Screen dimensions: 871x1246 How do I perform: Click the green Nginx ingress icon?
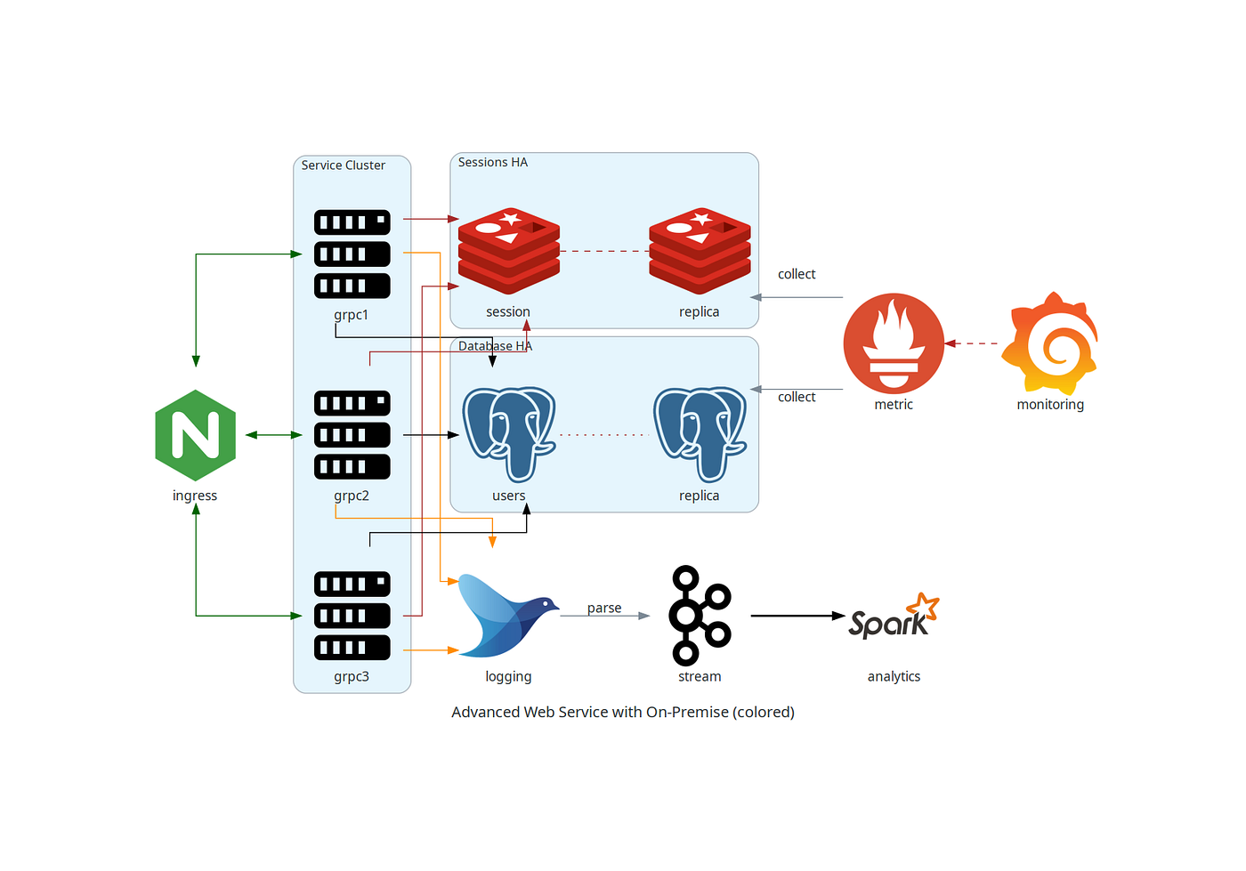(195, 435)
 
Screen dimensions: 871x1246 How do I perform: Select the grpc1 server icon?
(352, 254)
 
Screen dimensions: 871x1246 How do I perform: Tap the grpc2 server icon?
(352, 435)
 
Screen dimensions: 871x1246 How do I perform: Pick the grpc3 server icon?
(352, 616)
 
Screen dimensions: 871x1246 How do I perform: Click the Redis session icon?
(508, 252)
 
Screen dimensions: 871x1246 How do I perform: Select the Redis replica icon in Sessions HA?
(700, 252)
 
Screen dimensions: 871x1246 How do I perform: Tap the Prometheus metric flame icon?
(894, 343)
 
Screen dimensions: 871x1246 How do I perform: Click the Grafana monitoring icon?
(1050, 343)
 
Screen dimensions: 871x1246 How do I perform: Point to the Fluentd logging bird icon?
(507, 616)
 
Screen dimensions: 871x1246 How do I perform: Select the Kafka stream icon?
(700, 616)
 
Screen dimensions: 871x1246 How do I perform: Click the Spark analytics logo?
(894, 616)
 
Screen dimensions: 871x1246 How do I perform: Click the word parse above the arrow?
(604, 609)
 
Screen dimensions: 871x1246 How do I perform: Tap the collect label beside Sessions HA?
(797, 274)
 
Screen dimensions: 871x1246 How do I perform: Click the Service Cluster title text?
(344, 165)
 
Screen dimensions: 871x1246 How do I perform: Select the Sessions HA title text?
(493, 163)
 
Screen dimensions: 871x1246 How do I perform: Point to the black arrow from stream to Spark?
(797, 616)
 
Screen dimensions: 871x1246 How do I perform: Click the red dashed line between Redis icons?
(604, 252)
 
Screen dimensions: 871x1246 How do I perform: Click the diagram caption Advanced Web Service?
(623, 712)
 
